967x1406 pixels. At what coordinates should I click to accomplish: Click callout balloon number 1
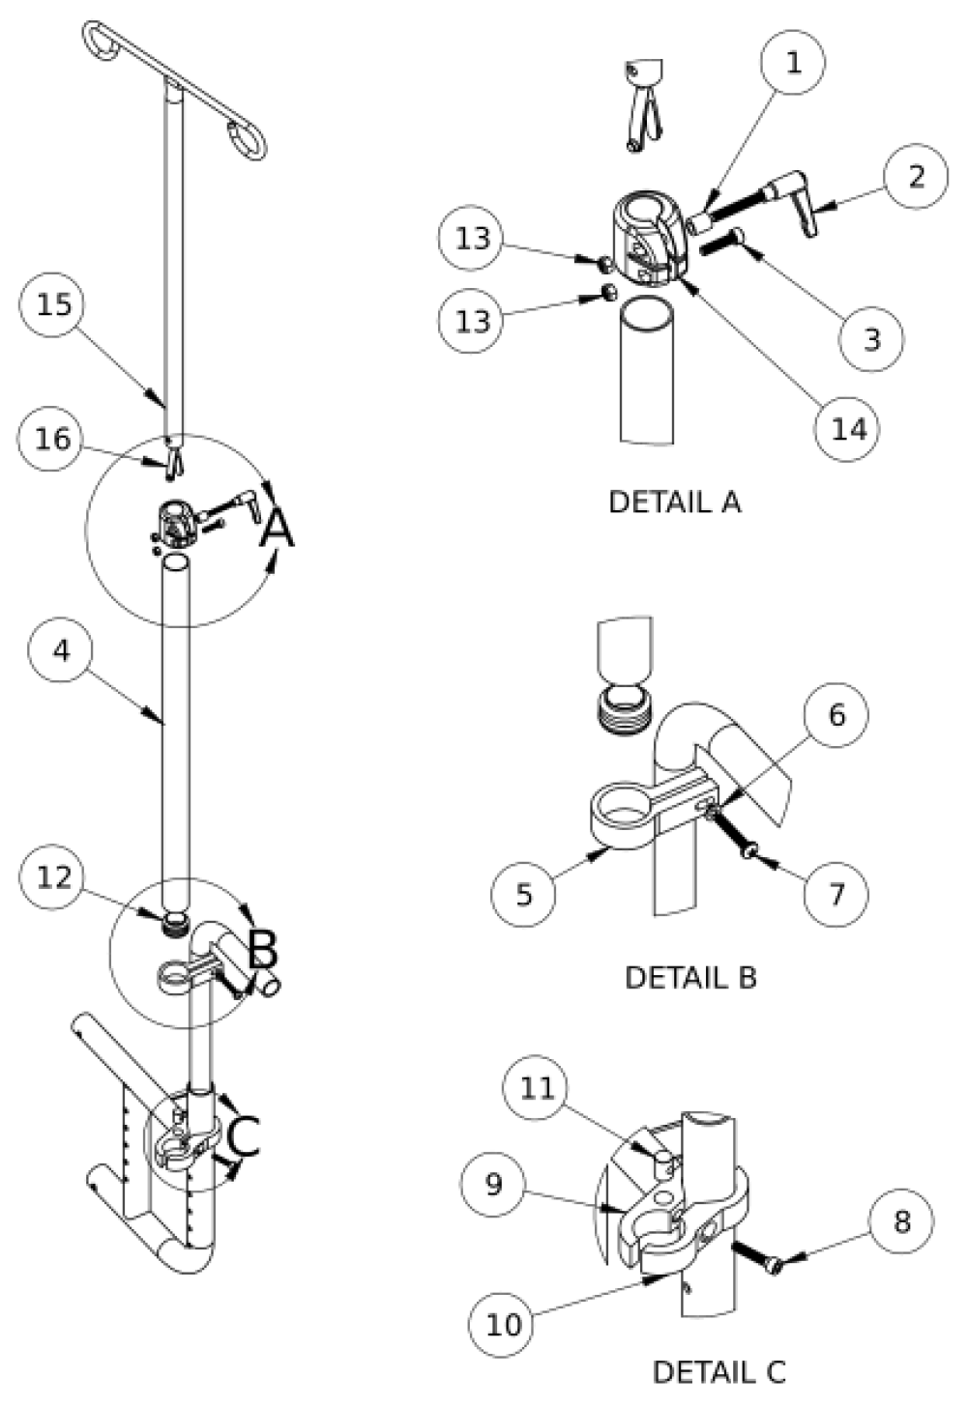[x=793, y=63]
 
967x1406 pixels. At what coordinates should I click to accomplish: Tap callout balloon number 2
[x=916, y=176]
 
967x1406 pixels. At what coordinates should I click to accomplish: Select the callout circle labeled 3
[x=872, y=337]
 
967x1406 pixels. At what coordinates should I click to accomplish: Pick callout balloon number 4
[x=61, y=650]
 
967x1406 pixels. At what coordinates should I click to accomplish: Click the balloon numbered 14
[x=849, y=428]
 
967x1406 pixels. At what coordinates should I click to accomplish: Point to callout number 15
[x=53, y=304]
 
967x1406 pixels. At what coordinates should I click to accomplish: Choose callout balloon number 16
[x=53, y=440]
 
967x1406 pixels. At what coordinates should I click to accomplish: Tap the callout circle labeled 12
[x=54, y=877]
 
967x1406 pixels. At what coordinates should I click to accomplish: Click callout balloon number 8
[x=901, y=1221]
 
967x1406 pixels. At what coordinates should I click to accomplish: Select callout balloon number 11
[x=538, y=1089]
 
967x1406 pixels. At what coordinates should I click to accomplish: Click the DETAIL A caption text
[x=675, y=502]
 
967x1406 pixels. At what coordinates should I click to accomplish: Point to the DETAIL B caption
[x=690, y=977]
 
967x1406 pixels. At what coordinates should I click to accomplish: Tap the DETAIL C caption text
[x=718, y=1371]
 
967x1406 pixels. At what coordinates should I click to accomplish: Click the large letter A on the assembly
[x=276, y=530]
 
